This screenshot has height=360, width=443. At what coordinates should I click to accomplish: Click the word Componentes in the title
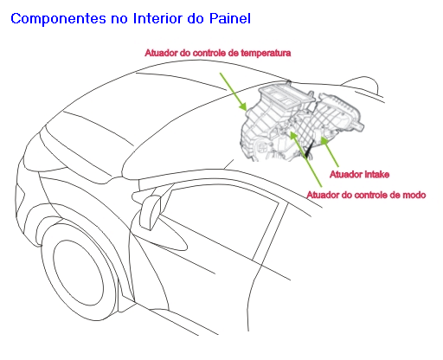tap(59, 19)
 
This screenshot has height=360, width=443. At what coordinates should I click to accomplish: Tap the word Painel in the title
tap(230, 18)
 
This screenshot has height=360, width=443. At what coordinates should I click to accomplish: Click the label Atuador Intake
tap(359, 174)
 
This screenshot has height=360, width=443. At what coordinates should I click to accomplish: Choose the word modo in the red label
tap(414, 195)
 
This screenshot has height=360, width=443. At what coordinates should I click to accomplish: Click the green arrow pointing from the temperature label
tap(234, 92)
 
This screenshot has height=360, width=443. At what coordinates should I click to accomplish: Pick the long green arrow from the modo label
tap(305, 159)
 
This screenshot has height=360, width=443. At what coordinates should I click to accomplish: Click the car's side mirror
tap(151, 212)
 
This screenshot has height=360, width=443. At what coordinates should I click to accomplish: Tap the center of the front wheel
tap(78, 273)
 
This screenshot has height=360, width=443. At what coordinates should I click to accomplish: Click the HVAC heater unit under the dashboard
tap(301, 123)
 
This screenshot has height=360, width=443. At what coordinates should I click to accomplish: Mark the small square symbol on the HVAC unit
tap(262, 147)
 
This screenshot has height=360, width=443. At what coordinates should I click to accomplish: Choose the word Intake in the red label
tap(377, 174)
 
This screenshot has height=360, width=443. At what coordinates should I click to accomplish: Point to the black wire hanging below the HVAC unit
tap(308, 150)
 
